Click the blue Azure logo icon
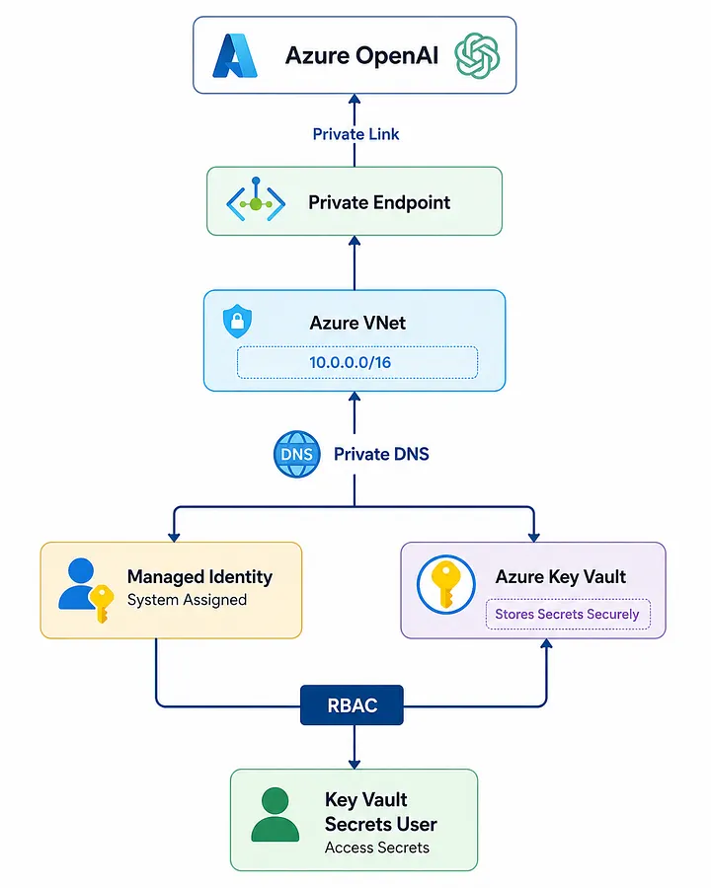coord(235,55)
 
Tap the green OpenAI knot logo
coord(477,55)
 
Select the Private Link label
coord(355,134)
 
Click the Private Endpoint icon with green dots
coord(256,200)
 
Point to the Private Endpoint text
coord(379,202)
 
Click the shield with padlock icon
coord(237,321)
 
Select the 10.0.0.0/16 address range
coord(350,362)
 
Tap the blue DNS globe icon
coord(296,454)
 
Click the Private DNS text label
coord(381,454)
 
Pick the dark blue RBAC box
coord(352,705)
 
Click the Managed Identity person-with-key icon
coord(86,590)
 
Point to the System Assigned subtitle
coord(187,600)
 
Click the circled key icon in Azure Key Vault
coord(445,584)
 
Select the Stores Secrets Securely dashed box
coord(568,614)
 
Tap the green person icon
coord(275,814)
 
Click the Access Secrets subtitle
coord(377,848)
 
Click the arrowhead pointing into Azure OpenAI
coord(355,99)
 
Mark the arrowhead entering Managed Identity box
coord(174,537)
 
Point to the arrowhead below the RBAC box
coord(355,764)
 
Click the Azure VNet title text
coord(357,323)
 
